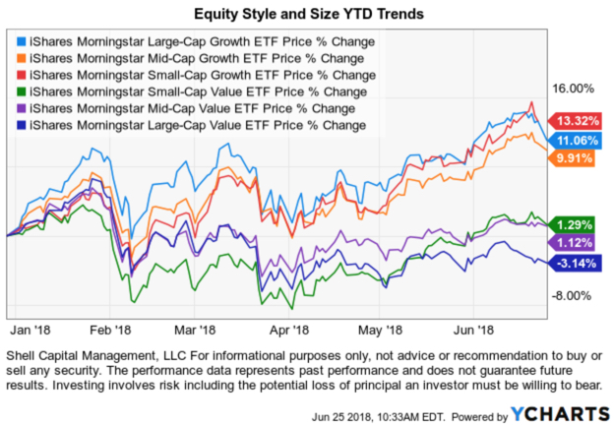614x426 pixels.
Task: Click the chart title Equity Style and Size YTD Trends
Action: click(x=308, y=16)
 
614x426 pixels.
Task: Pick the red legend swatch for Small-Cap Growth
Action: click(x=22, y=76)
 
